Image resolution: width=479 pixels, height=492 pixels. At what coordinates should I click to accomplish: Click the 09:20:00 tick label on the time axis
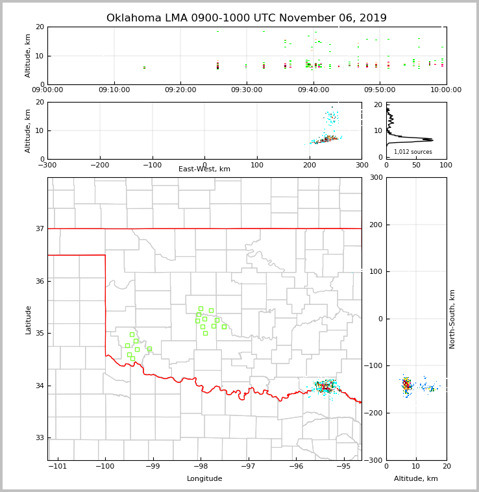[x=180, y=90]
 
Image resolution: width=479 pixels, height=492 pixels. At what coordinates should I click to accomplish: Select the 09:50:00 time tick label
[x=380, y=90]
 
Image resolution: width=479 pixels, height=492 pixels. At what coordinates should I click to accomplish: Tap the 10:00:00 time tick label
[x=446, y=90]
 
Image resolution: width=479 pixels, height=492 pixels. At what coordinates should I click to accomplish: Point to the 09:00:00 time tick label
[x=47, y=90]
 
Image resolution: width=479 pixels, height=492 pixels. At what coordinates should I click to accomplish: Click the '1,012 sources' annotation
[x=413, y=152]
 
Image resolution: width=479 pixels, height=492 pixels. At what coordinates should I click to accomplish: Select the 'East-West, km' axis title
[x=204, y=169]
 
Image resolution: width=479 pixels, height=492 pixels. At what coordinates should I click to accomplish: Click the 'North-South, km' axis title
[x=452, y=319]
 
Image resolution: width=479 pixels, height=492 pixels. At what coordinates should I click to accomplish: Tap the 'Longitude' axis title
[x=204, y=479]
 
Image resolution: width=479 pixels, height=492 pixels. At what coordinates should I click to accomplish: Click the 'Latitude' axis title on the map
[x=29, y=319]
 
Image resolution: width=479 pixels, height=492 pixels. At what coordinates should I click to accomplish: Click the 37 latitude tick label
[x=40, y=228]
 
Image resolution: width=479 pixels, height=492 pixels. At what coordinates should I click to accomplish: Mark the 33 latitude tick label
[x=40, y=437]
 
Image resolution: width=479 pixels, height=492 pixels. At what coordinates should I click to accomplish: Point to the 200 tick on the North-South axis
[x=375, y=225]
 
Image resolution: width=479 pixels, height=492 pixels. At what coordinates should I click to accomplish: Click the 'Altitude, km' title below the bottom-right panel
[x=416, y=479]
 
